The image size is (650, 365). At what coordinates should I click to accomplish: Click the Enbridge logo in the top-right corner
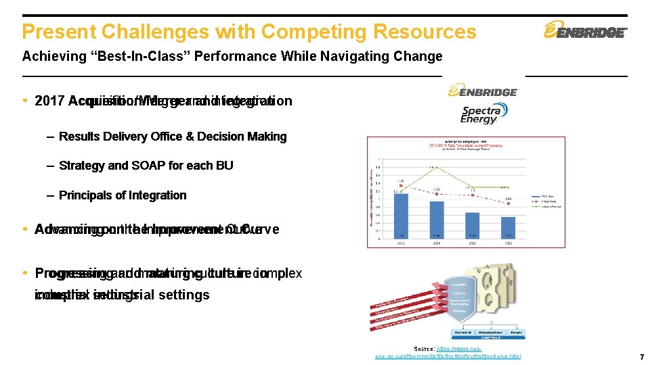[586, 32]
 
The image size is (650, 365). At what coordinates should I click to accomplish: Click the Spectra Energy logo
[482, 114]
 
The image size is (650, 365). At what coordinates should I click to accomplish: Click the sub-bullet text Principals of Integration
[123, 195]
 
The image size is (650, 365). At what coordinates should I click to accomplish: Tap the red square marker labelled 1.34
[402, 185]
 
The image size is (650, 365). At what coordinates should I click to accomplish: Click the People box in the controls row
[516, 333]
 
